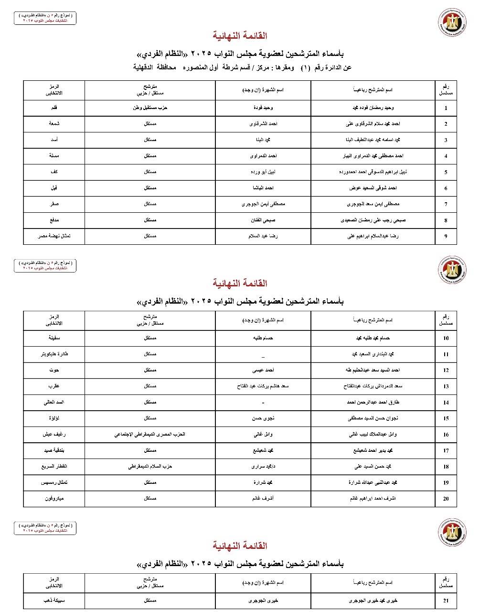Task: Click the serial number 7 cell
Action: pyautogui.click(x=446, y=204)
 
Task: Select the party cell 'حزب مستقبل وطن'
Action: pyautogui.click(x=150, y=108)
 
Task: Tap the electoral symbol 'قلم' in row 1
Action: pyautogui.click(x=54, y=108)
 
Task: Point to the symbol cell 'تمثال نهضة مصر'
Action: pyautogui.click(x=54, y=236)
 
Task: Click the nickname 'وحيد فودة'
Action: pyautogui.click(x=263, y=108)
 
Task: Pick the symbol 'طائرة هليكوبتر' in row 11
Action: pyautogui.click(x=54, y=354)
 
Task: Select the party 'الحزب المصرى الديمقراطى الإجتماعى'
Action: pyautogui.click(x=150, y=434)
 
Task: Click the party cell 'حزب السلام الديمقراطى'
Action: pyautogui.click(x=150, y=466)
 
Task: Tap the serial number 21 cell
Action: pyautogui.click(x=446, y=601)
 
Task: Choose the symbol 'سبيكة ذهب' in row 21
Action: pyautogui.click(x=54, y=601)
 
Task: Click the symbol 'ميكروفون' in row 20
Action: pyautogui.click(x=54, y=498)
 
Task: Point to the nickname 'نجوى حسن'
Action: pyautogui.click(x=263, y=418)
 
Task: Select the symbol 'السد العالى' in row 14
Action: pyautogui.click(x=54, y=402)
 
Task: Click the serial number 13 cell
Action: pyautogui.click(x=446, y=386)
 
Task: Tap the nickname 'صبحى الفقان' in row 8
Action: pyautogui.click(x=263, y=220)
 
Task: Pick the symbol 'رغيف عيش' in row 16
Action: pyautogui.click(x=54, y=434)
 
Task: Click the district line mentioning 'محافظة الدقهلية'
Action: pyautogui.click(x=242, y=67)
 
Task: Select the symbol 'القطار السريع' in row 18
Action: pyautogui.click(x=54, y=466)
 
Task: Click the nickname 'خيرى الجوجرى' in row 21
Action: pyautogui.click(x=263, y=601)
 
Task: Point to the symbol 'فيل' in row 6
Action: pyautogui.click(x=54, y=188)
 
